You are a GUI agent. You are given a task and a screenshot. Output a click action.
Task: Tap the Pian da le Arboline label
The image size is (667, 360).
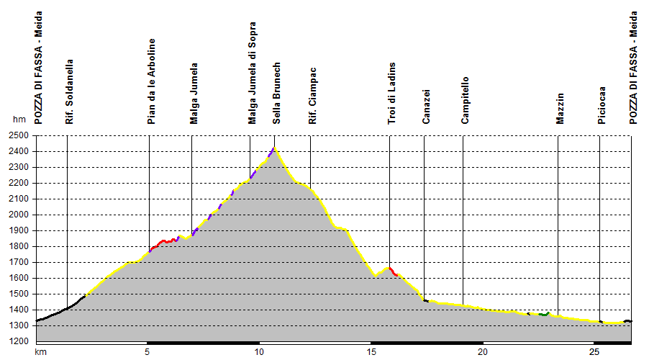[x=151, y=81]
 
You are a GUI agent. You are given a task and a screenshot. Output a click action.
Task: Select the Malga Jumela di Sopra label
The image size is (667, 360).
[x=252, y=73]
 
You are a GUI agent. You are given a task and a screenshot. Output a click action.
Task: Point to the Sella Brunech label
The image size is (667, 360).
[x=277, y=94]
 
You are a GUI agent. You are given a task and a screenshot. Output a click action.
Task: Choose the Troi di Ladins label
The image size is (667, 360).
[x=391, y=94]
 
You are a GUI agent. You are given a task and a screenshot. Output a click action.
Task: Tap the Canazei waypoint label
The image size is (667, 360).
[x=426, y=107]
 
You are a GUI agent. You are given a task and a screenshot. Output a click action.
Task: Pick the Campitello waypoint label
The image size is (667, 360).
[x=466, y=101]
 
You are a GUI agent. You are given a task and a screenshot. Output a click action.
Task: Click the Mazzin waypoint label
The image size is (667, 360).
[x=561, y=109]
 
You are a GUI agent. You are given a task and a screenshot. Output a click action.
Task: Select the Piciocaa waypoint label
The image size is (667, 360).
[x=601, y=107]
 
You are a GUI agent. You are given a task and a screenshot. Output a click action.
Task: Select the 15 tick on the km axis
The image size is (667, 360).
[x=370, y=352]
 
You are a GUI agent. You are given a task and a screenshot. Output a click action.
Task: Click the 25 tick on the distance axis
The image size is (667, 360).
[x=594, y=352]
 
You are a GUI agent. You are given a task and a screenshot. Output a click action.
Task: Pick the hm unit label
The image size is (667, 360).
[x=19, y=120]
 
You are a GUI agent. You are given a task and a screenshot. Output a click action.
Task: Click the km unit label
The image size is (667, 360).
[x=40, y=352]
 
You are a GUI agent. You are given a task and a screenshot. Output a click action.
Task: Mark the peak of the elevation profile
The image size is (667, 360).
[x=274, y=148]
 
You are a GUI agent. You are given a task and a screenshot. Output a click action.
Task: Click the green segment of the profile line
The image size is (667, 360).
[x=544, y=314]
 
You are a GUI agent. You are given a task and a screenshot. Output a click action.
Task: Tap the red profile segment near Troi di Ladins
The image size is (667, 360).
[x=393, y=271]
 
